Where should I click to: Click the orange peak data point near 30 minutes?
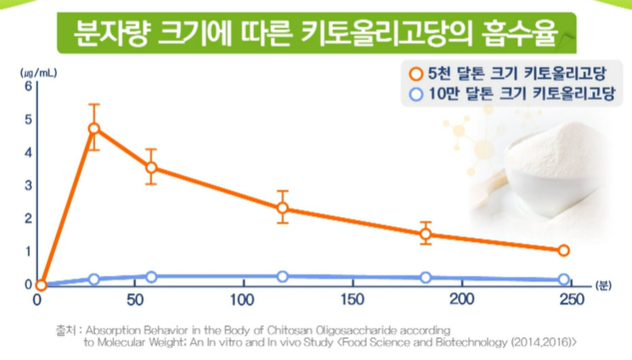93,129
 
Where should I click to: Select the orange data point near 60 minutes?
151,167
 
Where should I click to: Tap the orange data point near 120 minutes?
283,208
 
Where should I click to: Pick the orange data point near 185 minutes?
426,234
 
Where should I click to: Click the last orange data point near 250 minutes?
563,250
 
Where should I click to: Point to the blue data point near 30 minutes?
93,279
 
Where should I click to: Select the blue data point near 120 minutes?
283,277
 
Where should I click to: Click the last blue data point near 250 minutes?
563,279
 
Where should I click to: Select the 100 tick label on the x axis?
242,300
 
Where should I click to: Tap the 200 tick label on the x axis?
462,300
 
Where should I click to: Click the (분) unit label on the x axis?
603,285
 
